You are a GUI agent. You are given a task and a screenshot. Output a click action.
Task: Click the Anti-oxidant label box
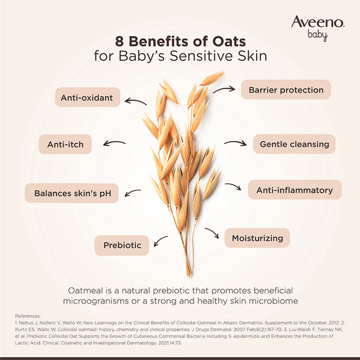(x=87, y=97)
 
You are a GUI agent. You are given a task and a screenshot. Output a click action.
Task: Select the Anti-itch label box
(x=65, y=144)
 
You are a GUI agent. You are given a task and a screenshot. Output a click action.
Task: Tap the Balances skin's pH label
(x=72, y=193)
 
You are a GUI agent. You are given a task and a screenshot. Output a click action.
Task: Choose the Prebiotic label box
(x=122, y=245)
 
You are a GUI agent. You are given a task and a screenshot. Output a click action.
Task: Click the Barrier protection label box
(x=286, y=90)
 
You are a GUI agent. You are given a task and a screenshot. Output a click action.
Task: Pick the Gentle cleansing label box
(x=294, y=144)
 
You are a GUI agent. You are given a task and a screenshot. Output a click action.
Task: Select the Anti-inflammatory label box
(x=294, y=190)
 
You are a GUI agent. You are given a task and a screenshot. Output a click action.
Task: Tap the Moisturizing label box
(x=257, y=238)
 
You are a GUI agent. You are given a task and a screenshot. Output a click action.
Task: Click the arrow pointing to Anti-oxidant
(x=135, y=101)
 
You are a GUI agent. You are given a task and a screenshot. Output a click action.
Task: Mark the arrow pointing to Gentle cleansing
(x=235, y=143)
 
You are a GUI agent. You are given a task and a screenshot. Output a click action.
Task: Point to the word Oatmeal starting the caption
(x=87, y=290)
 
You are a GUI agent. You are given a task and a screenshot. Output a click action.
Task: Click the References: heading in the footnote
(x=28, y=316)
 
